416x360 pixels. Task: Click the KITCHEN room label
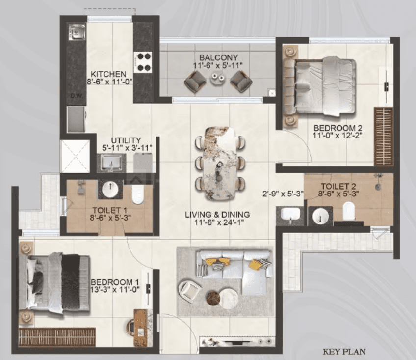[108, 74]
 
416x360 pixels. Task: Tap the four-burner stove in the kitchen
[143, 62]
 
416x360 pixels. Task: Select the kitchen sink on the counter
[77, 32]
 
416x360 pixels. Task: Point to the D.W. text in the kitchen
[77, 96]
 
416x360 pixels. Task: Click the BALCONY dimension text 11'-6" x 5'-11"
[218, 65]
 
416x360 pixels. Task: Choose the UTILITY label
[126, 140]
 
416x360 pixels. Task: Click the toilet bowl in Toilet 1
[138, 194]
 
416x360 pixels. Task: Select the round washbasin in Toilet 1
[110, 190]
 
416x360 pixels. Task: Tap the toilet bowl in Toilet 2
[349, 211]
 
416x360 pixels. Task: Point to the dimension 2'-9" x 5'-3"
[283, 194]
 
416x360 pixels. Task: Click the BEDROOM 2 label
[338, 128]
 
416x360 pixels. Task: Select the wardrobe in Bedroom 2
[383, 137]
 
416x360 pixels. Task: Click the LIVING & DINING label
[217, 215]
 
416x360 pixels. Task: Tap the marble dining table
[220, 164]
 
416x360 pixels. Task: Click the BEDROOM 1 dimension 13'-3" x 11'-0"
[115, 289]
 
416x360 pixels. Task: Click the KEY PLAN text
[344, 352]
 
